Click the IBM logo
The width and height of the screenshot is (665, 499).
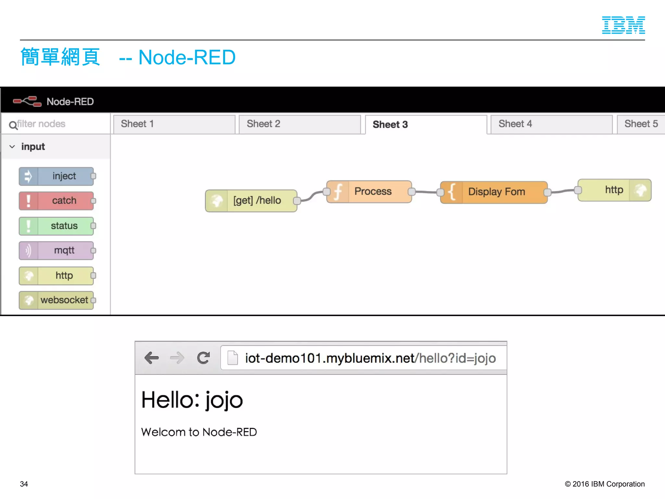point(623,25)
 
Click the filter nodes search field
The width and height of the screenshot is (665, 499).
point(58,124)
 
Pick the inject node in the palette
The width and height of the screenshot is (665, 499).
point(56,176)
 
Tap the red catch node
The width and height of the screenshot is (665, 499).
point(56,201)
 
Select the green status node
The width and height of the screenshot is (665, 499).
point(56,226)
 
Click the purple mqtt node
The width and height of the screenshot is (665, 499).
point(56,250)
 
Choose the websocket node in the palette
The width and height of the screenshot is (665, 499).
point(56,300)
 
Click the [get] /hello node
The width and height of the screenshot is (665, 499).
point(251,200)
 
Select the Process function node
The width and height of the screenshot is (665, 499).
point(369,192)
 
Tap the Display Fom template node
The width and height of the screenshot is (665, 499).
point(494,192)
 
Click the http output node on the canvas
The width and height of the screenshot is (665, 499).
point(614,190)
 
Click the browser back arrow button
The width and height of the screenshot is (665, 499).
point(151,358)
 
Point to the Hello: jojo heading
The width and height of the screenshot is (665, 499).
point(192,400)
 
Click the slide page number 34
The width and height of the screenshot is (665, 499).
point(24,484)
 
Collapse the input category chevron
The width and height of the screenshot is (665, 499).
point(12,147)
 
